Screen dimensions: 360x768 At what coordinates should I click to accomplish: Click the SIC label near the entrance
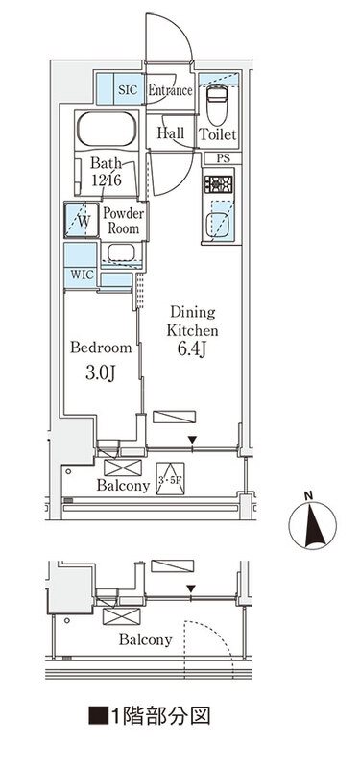click(x=129, y=90)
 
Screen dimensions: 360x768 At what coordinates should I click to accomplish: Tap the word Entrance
click(x=170, y=90)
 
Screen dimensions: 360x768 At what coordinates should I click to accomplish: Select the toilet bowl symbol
click(x=217, y=106)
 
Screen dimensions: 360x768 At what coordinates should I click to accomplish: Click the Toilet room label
click(x=218, y=134)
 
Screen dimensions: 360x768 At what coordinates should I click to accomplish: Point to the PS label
click(x=223, y=157)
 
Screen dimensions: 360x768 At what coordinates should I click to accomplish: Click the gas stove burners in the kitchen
click(x=219, y=184)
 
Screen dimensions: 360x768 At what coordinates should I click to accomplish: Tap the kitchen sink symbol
click(x=218, y=226)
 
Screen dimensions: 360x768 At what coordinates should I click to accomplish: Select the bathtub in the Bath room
click(x=106, y=129)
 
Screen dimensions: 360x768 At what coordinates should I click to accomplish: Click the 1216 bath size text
click(x=107, y=180)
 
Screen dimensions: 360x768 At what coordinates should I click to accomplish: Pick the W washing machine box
click(x=82, y=220)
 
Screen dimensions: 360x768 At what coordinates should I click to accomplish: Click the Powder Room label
click(x=124, y=221)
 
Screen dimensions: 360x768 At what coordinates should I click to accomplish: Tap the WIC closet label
click(x=82, y=275)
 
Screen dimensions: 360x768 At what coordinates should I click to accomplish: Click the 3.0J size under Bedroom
click(x=101, y=373)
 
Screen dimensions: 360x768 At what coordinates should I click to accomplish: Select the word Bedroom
click(x=101, y=348)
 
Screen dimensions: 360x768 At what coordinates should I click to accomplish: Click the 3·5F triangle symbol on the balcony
click(x=171, y=479)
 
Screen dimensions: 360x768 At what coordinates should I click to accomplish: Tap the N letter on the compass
click(x=308, y=495)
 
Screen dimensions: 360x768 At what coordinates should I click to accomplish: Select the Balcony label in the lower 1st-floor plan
click(x=146, y=639)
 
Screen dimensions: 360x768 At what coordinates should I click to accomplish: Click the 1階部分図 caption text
click(x=149, y=715)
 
